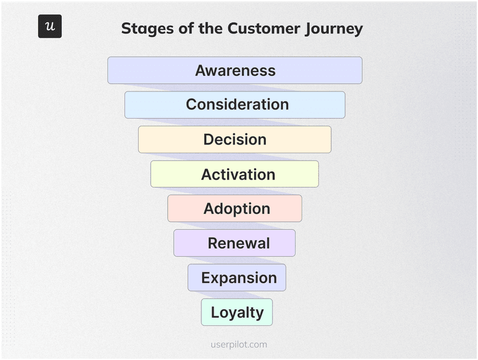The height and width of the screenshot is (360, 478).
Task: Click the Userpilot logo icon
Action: pyautogui.click(x=50, y=26)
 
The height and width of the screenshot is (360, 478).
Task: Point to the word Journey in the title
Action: pyautogui.click(x=335, y=29)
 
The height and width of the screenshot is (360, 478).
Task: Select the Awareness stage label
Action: pyautogui.click(x=235, y=70)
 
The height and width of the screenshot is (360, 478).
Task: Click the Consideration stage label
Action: pyautogui.click(x=237, y=104)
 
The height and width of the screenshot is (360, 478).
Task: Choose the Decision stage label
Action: pyautogui.click(x=235, y=140)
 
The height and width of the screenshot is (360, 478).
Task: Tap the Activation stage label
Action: pyautogui.click(x=238, y=174)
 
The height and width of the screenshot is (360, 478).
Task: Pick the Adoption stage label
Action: pyautogui.click(x=237, y=208)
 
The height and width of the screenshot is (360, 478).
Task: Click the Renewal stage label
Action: pyautogui.click(x=238, y=243)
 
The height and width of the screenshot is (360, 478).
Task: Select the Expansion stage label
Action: pyautogui.click(x=238, y=278)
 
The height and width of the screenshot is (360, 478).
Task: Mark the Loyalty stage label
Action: pyautogui.click(x=237, y=312)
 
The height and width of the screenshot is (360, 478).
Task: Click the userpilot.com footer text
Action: pyautogui.click(x=239, y=344)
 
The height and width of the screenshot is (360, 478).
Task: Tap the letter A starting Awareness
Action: pyautogui.click(x=201, y=70)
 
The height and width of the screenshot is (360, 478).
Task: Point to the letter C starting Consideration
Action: pyautogui.click(x=192, y=104)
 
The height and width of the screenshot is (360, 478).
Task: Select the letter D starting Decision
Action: pyautogui.click(x=209, y=140)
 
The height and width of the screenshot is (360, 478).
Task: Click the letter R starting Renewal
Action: pyautogui.click(x=213, y=243)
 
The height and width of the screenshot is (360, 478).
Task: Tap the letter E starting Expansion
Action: pyautogui.click(x=206, y=278)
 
